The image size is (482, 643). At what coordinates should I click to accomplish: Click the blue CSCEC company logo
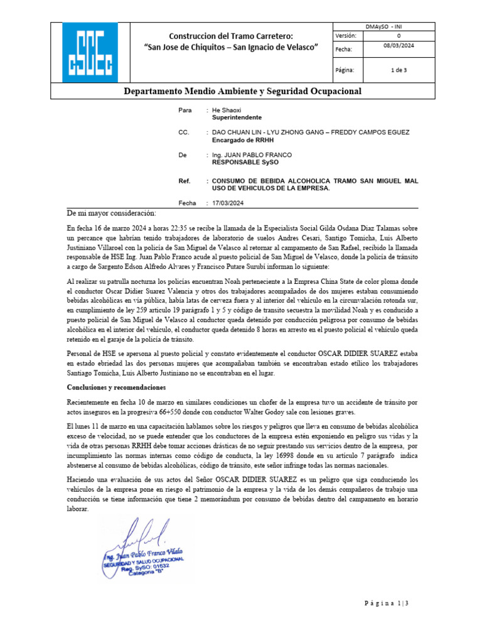(x=90, y=53)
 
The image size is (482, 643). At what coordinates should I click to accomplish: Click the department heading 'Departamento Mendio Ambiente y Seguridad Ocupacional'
(x=242, y=92)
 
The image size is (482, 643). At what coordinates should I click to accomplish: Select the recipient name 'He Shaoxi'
(x=227, y=110)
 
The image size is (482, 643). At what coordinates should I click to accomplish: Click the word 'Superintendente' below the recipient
(x=237, y=117)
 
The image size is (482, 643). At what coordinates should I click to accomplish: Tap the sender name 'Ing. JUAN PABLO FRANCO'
(x=252, y=154)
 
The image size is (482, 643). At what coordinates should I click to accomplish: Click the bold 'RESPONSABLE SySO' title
(x=245, y=162)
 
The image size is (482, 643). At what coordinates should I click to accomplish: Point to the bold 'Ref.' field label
(x=185, y=181)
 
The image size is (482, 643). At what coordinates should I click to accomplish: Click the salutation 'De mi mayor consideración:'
(x=110, y=212)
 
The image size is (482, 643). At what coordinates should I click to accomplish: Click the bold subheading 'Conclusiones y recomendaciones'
(x=116, y=387)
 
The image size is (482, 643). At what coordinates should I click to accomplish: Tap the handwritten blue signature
(x=141, y=534)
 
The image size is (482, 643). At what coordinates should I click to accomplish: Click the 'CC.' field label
(x=183, y=132)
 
